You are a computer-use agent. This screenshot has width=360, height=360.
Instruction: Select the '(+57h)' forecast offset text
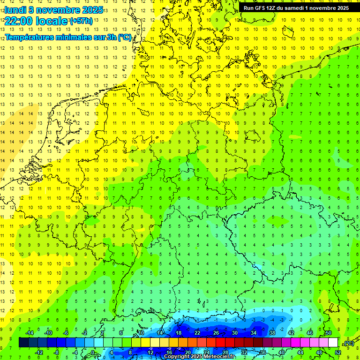[x=81, y=21]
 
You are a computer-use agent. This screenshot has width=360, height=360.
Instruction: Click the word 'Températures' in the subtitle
[x=29, y=37]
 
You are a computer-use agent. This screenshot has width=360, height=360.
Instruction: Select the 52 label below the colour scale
[x=337, y=352]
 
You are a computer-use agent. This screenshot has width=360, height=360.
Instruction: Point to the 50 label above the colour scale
[x=329, y=333]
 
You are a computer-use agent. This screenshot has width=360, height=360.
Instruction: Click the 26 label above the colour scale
[x=216, y=333]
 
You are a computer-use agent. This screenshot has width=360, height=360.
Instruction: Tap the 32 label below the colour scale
[x=244, y=352]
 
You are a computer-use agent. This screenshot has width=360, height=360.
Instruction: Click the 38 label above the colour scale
[x=272, y=333]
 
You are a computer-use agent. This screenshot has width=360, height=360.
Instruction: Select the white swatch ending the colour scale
[x=333, y=342]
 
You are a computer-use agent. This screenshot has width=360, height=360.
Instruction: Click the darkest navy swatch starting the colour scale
[x=23, y=342]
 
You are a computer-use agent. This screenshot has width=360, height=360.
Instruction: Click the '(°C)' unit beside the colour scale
[x=349, y=343]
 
